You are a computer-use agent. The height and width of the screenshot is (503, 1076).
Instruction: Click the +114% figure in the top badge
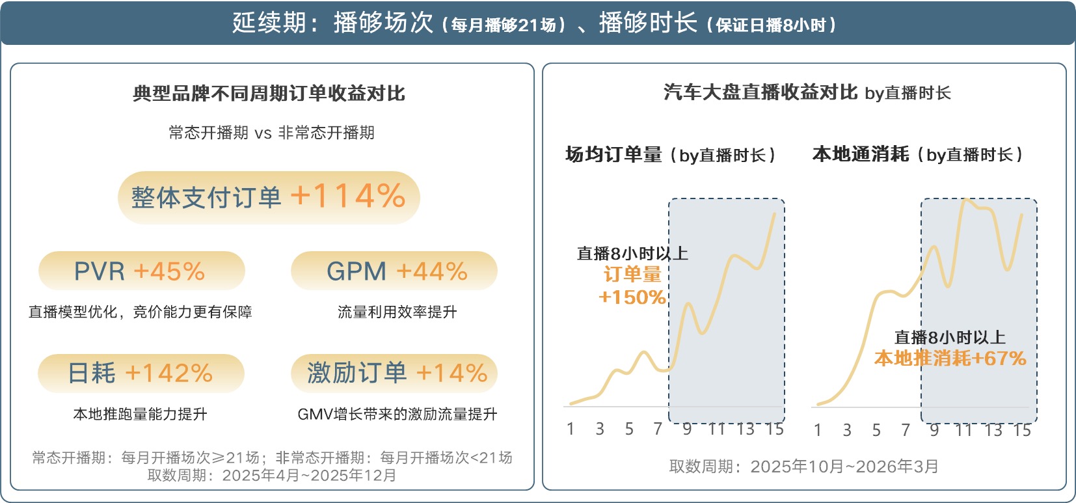coord(348,196)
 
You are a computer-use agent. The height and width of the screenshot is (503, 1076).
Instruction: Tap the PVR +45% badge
coord(141,271)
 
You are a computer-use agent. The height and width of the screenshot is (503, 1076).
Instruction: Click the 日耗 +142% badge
coord(141,373)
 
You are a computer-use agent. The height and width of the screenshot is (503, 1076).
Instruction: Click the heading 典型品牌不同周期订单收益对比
coord(269,94)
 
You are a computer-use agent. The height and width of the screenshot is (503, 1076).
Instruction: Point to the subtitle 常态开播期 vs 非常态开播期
coord(271,133)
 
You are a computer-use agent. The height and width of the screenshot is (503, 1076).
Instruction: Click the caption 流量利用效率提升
coord(397,312)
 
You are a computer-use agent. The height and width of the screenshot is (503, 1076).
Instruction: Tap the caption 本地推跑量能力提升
coord(140,414)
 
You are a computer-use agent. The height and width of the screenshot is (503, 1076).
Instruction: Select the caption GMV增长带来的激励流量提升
coord(397,414)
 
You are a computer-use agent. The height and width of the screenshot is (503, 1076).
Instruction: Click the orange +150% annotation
coord(632,297)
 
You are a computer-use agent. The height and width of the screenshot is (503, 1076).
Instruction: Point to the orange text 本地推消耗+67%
coord(950,358)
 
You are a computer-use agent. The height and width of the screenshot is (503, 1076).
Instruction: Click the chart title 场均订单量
coord(613,155)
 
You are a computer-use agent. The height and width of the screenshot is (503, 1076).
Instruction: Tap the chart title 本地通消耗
coord(860,154)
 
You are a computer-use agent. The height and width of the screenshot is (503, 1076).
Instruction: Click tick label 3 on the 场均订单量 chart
coord(600,429)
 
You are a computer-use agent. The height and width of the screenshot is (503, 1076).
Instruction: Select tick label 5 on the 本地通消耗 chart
coord(876,430)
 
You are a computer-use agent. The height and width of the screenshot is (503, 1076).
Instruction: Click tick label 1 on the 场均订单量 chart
coord(571,429)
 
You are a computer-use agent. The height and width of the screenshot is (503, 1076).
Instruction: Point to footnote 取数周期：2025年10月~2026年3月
coord(803,467)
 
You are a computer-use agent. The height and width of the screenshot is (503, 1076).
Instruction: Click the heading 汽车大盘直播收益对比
coord(760,92)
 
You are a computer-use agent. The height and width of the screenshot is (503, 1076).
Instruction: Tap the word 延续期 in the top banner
coord(269,23)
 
